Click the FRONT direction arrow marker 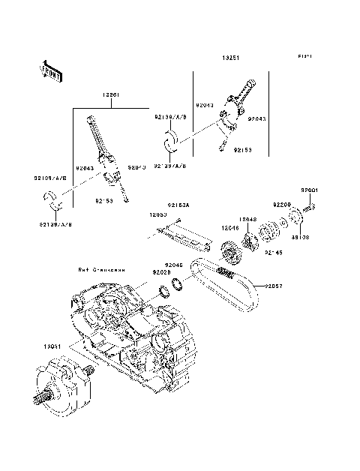(x=51, y=71)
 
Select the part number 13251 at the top (x=230, y=56)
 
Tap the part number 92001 (x=310, y=190)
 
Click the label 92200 (x=282, y=204)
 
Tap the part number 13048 (x=248, y=219)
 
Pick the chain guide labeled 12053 (x=187, y=236)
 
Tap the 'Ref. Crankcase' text (x=100, y=268)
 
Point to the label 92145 (x=273, y=253)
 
